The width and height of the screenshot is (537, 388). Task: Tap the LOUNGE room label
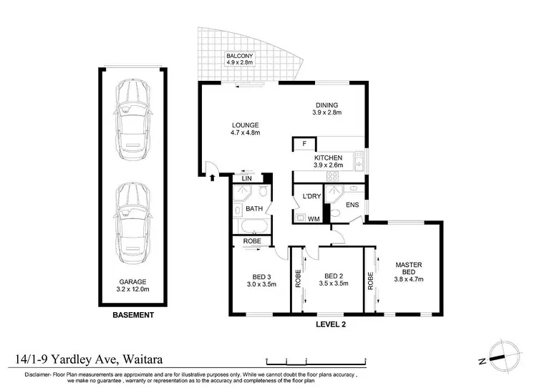[x=244, y=128]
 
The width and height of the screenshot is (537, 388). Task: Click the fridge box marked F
[x=304, y=145]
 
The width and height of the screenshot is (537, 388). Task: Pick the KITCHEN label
[x=328, y=161]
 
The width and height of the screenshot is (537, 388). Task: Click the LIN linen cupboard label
[x=246, y=178]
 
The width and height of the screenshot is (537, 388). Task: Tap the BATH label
[x=254, y=209]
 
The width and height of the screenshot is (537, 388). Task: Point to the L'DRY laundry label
[x=311, y=196]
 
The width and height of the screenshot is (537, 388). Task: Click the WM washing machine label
[x=313, y=219]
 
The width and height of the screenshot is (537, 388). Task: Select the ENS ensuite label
[x=352, y=205]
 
